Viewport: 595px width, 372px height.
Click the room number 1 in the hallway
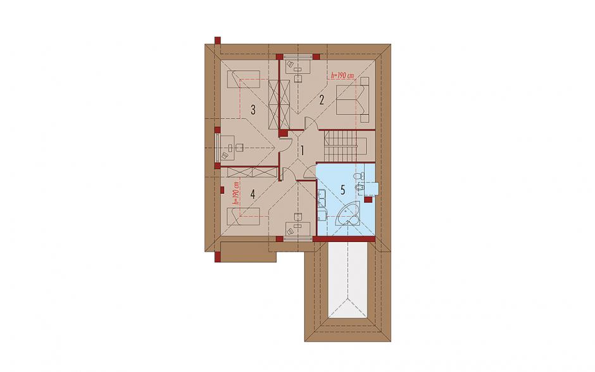(x=302, y=150)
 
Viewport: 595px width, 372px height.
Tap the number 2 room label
(x=322, y=100)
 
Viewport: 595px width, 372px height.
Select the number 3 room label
(x=253, y=110)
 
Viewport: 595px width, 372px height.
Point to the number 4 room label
(x=253, y=194)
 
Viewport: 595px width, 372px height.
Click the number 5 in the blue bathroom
(x=343, y=190)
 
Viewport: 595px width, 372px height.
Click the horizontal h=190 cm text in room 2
(x=342, y=75)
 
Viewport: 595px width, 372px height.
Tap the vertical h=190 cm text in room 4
(x=236, y=193)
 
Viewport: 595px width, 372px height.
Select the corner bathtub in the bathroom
(x=348, y=215)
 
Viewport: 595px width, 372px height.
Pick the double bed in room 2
(x=353, y=99)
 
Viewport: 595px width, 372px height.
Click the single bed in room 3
(x=244, y=79)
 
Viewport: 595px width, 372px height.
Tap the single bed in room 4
(x=244, y=216)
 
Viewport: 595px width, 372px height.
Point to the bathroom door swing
(x=310, y=172)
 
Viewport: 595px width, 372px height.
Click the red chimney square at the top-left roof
(x=218, y=41)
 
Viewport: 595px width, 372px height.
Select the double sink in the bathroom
(x=322, y=205)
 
